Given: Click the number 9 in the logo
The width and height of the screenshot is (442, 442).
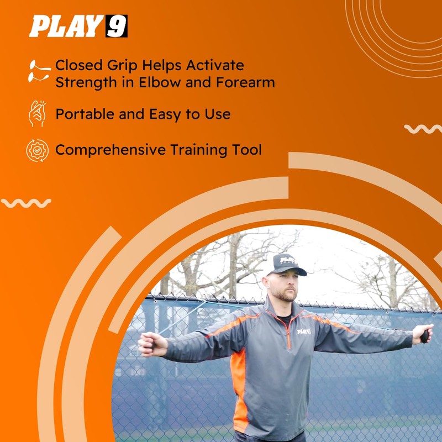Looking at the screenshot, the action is point(117,26).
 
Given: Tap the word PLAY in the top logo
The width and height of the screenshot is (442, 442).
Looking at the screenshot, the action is point(66,26).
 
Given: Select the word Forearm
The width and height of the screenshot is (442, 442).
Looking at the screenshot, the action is point(245,82).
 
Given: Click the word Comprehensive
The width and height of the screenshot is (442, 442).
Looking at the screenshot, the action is point(110,150).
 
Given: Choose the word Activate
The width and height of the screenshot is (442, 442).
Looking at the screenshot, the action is point(215,65).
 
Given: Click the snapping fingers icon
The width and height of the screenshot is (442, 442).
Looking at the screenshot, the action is point(38,114).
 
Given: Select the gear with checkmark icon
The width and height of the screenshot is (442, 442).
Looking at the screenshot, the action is point(38,150).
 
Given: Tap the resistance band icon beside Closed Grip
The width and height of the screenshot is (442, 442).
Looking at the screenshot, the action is point(39,71).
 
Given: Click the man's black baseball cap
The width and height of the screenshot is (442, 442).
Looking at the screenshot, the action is point(286,265).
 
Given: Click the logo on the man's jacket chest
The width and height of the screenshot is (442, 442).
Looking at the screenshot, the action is point(304,331).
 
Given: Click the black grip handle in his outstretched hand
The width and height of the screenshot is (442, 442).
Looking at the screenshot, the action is point(424,336).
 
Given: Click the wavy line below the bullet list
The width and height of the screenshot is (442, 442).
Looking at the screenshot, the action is point(26,203).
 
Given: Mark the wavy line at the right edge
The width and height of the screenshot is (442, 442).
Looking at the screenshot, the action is point(423,129).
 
